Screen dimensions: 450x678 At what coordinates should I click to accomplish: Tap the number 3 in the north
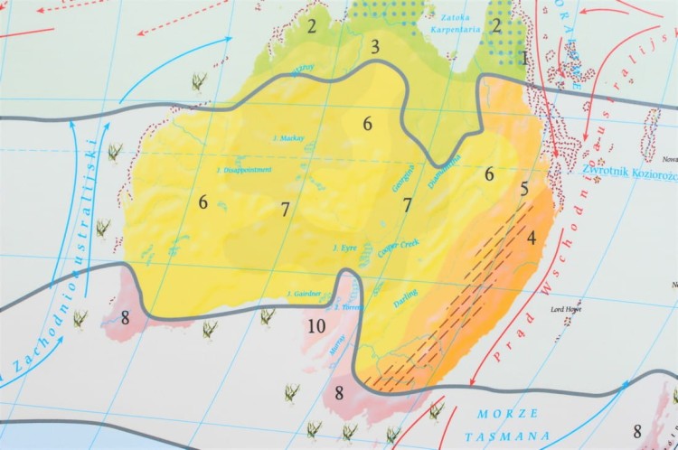click(x=374, y=47)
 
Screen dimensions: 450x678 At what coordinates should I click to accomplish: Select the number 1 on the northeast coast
click(x=524, y=58)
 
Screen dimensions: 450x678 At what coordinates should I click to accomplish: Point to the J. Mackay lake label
click(x=288, y=138)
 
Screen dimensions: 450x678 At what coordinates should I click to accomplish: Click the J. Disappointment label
click(x=244, y=169)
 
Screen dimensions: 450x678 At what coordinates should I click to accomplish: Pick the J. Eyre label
click(x=347, y=247)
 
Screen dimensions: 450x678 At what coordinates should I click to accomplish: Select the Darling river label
click(x=406, y=296)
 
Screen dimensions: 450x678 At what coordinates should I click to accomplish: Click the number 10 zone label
click(x=315, y=326)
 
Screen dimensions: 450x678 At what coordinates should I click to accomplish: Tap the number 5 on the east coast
click(x=523, y=190)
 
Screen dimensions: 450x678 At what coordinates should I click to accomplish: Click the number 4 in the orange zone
click(x=532, y=239)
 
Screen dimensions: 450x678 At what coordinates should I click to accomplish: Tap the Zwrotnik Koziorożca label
click(x=629, y=169)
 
